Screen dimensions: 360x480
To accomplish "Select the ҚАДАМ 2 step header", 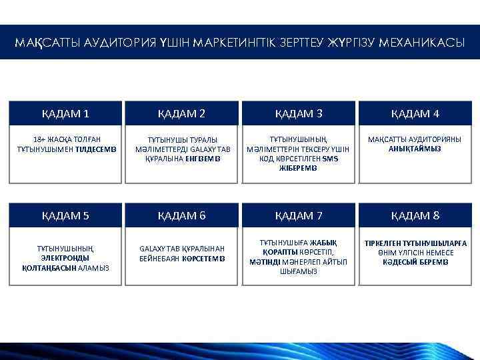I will click(x=181, y=113).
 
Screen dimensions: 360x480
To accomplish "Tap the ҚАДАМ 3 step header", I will click(x=299, y=113).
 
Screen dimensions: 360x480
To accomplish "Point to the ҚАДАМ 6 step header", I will click(x=181, y=215).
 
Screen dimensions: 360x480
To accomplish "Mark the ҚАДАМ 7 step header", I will click(x=299, y=215).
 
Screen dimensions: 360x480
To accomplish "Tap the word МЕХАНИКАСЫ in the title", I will click(x=421, y=43).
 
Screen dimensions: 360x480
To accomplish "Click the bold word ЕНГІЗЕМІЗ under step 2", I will click(x=203, y=159).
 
